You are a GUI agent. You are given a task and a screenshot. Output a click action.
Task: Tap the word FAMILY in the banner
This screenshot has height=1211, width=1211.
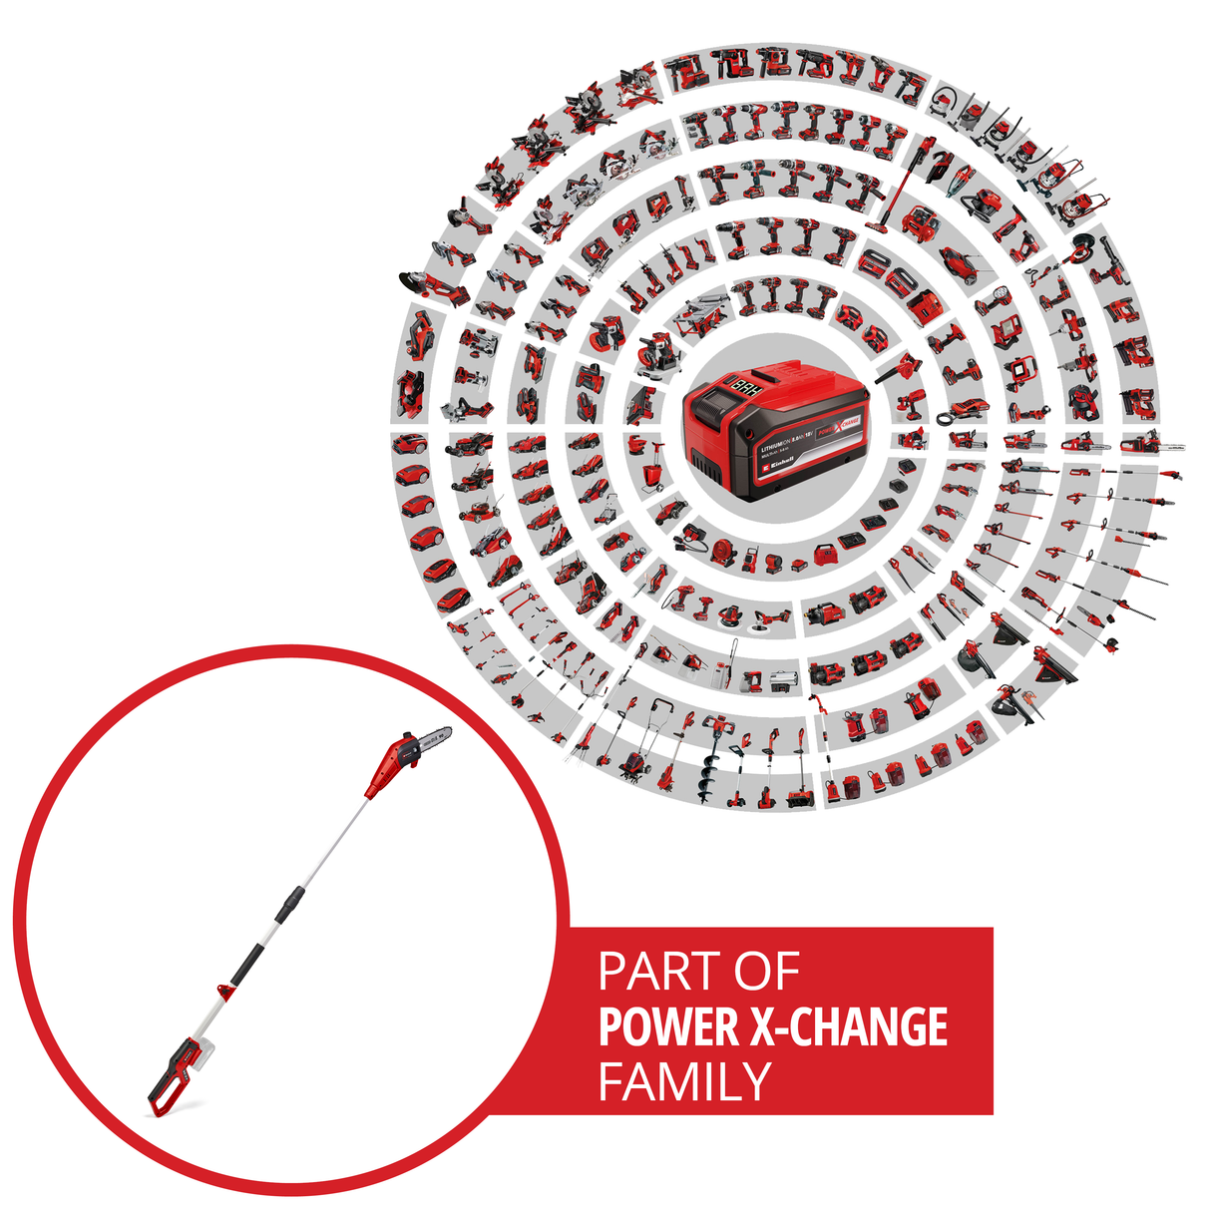684,1081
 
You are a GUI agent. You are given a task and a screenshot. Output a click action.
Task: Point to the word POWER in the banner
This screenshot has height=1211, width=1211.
668,1027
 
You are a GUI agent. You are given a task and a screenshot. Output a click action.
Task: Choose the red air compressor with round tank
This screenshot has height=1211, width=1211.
920,223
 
